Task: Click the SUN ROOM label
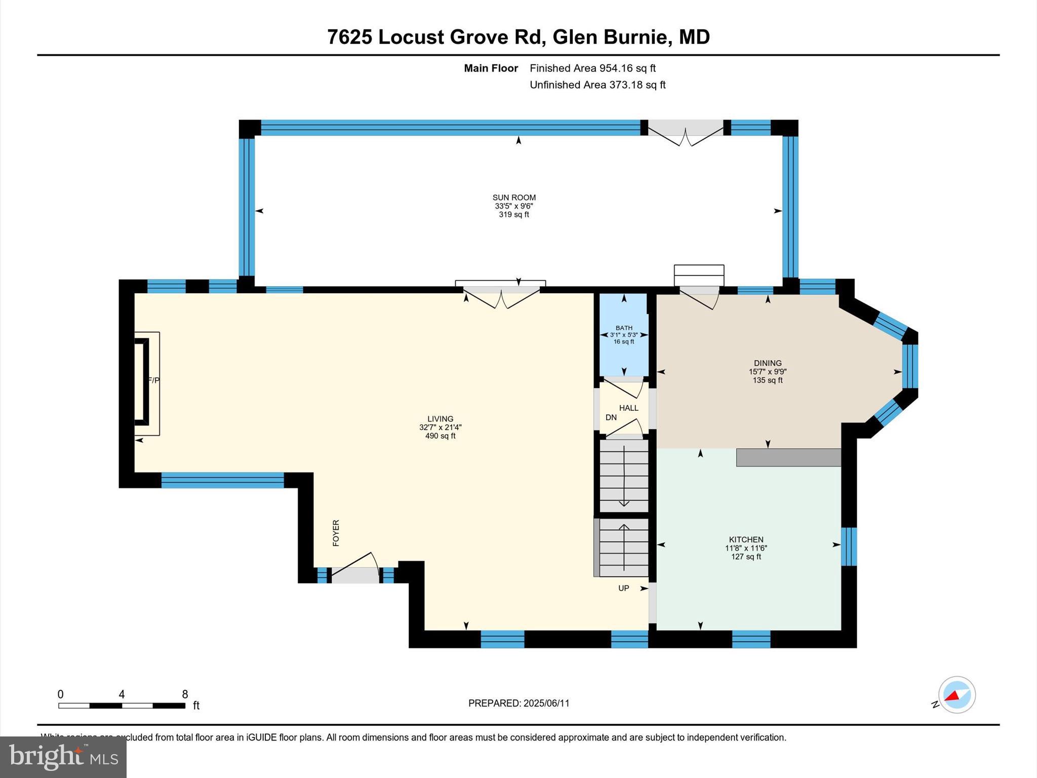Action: [514, 198]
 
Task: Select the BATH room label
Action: [624, 328]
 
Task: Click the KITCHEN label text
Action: [746, 539]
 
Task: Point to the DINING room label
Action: [768, 363]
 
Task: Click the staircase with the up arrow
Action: [624, 547]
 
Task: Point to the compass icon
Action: [956, 695]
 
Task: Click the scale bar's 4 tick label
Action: [122, 694]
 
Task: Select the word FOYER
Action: [336, 533]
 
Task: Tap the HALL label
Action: [628, 408]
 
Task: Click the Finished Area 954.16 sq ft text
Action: [592, 68]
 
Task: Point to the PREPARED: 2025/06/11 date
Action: [518, 703]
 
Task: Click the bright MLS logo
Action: [63, 757]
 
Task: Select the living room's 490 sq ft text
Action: [440, 436]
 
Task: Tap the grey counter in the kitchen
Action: [788, 457]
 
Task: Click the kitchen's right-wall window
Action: [849, 546]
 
